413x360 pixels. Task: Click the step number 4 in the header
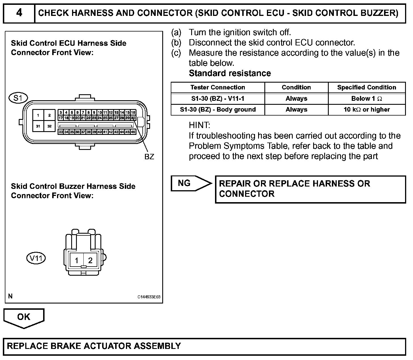[19, 13]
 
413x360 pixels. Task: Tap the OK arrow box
[24, 317]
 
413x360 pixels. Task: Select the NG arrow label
[184, 183]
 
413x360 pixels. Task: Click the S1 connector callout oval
[18, 98]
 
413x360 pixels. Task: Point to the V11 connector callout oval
[36, 258]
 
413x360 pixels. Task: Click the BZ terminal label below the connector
[149, 157]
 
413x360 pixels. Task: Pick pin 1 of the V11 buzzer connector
[77, 260]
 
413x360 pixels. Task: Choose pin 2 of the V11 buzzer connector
[90, 260]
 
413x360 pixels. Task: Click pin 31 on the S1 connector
[38, 126]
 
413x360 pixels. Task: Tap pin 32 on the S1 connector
[49, 126]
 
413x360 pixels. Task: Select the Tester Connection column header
[218, 87]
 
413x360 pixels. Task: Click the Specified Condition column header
[366, 87]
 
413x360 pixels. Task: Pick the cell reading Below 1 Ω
[366, 99]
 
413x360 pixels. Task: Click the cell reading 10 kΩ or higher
[366, 110]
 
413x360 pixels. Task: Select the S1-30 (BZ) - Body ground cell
[218, 110]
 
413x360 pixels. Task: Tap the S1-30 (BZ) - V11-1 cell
[218, 99]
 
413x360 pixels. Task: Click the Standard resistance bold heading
[230, 73]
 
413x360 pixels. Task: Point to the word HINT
[199, 125]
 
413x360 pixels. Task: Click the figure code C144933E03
[149, 297]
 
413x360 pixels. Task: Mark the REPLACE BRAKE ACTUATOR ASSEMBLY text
[94, 346]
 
